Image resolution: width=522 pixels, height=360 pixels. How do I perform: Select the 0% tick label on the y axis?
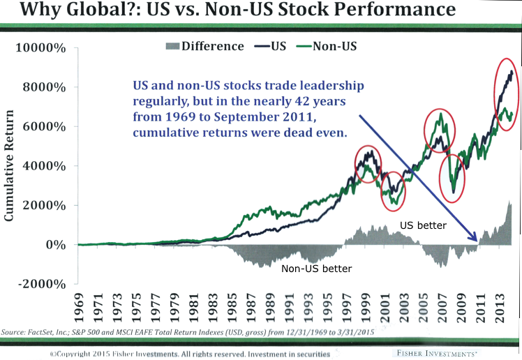56,246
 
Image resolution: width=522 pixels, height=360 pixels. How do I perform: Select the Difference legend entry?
204,47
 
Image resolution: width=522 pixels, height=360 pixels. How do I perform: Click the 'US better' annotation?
422,226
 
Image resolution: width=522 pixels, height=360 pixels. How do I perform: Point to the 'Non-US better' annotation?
316,268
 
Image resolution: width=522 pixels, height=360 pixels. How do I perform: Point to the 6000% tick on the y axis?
47,128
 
